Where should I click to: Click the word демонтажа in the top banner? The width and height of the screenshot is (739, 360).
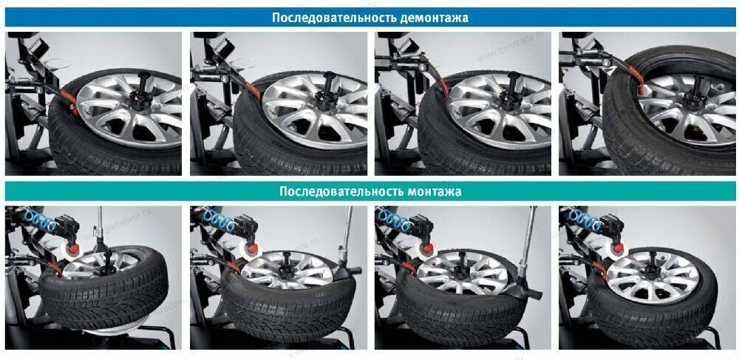pyautogui.click(x=432, y=17)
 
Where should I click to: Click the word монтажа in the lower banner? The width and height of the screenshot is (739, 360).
pyautogui.click(x=435, y=191)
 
